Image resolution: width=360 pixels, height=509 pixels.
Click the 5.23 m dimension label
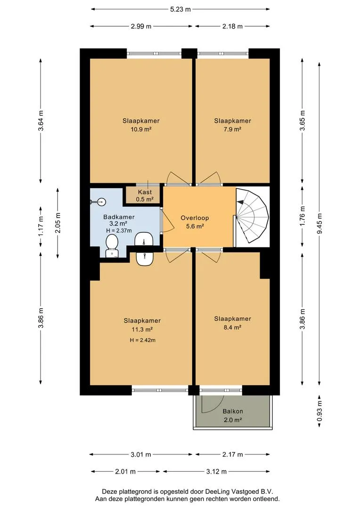click(180, 9)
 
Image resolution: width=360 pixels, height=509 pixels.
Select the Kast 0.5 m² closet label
click(145, 196)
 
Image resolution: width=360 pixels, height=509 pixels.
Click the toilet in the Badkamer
click(112, 246)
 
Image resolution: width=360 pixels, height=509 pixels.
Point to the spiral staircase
click(253, 216)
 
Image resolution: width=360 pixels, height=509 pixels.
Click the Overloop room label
click(195, 218)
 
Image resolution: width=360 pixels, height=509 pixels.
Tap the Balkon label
click(232, 411)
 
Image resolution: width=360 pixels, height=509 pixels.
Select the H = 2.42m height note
click(142, 340)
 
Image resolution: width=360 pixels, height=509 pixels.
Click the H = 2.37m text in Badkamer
click(119, 230)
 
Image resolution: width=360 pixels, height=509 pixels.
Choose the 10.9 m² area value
click(141, 129)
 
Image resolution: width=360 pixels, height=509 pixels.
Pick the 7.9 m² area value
click(232, 129)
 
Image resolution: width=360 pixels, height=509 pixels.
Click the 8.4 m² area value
click(232, 327)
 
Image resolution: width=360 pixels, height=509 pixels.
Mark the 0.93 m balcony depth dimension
click(319, 410)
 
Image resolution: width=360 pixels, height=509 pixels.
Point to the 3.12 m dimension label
click(216, 471)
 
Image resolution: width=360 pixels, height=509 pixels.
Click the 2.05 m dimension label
click(58, 222)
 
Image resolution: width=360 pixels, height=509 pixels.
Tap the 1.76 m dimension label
click(302, 216)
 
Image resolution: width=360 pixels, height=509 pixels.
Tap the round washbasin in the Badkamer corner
click(102, 202)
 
